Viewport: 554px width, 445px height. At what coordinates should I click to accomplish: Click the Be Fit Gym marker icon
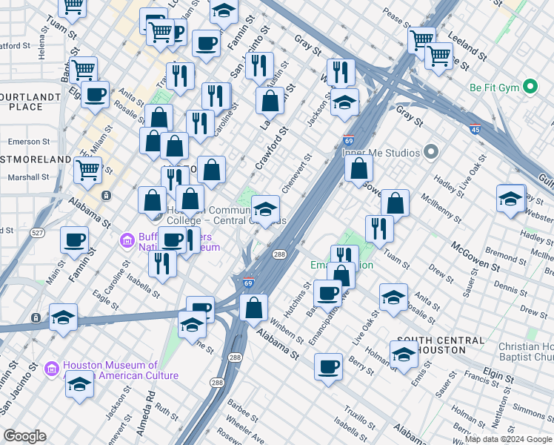pos(530,88)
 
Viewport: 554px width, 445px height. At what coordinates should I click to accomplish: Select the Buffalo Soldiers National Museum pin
pos(127,241)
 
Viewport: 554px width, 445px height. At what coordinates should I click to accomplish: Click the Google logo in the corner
pos(24,436)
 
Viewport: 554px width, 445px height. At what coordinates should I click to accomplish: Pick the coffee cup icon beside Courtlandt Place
pos(96,94)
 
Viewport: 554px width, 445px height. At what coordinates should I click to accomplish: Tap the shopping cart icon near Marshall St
pos(88,170)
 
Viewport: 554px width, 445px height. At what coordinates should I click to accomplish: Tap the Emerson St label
pos(29,141)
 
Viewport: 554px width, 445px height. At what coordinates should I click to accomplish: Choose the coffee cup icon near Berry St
pos(328,366)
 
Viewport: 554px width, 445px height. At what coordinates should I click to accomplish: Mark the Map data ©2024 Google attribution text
pos(508,439)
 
